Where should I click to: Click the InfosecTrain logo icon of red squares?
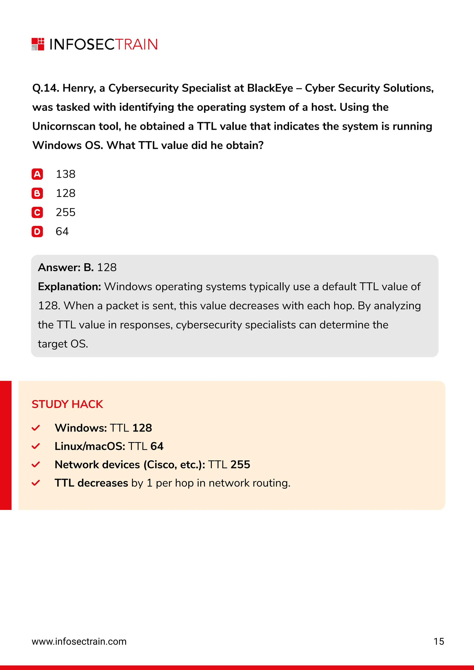[x=38, y=44]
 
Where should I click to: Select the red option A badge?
[x=37, y=174]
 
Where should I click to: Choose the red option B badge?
[x=37, y=193]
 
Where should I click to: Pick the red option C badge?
[x=37, y=212]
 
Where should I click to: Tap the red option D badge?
[x=37, y=232]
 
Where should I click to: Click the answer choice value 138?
[x=66, y=174]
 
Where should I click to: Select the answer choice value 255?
[x=66, y=212]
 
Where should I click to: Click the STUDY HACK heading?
[x=67, y=404]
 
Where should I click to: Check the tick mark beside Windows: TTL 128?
[x=36, y=428]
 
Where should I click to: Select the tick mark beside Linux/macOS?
[x=36, y=447]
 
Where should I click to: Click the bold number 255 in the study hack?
[x=240, y=465]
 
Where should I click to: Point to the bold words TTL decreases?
[x=91, y=483]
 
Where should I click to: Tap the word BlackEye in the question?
[x=270, y=88]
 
